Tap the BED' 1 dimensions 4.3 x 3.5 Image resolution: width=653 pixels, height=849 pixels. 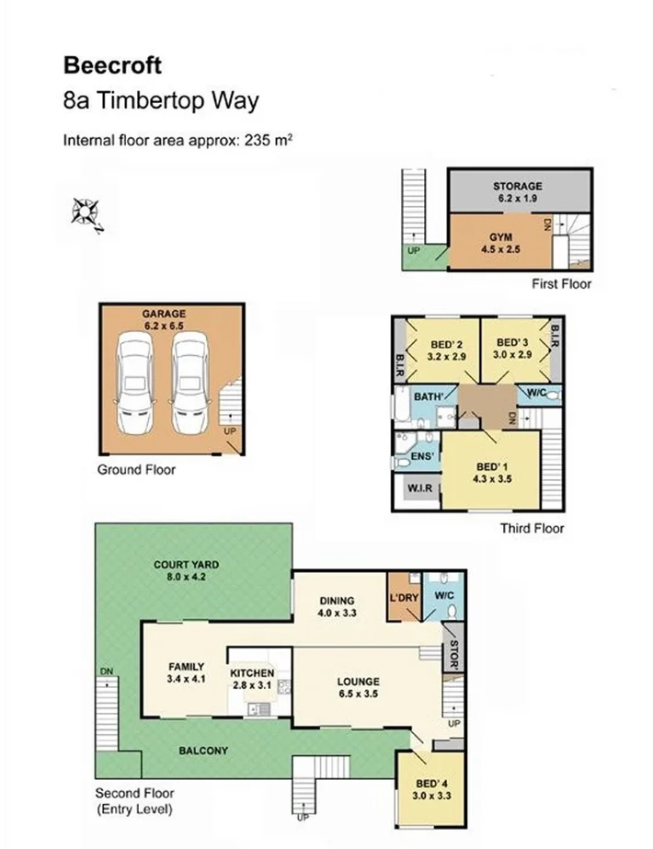pyautogui.click(x=487, y=477)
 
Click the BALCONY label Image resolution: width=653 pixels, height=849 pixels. pyautogui.click(x=203, y=751)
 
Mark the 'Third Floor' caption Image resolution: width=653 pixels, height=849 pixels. pyautogui.click(x=532, y=528)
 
